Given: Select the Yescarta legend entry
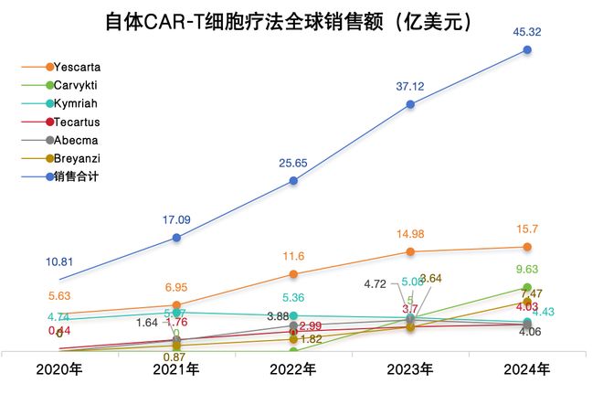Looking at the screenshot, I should tap(77, 67).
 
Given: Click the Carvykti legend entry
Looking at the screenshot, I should tap(77, 85).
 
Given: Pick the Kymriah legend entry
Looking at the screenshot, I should tap(77, 103).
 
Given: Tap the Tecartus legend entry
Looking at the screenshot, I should tap(77, 122).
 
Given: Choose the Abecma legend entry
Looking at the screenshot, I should tap(77, 140).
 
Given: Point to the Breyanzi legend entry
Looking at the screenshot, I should tap(77, 158).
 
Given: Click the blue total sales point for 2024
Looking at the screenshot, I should tap(527, 49).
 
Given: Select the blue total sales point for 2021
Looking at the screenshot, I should tap(176, 238).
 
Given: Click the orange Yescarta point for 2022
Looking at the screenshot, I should tap(293, 274).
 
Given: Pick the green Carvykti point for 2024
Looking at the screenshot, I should tap(527, 287).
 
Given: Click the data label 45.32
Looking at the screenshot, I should tap(527, 32).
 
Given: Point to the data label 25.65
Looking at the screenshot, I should tap(292, 162).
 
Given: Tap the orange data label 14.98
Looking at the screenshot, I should tap(409, 234).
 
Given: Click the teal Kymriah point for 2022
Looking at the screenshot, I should tap(293, 315).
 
